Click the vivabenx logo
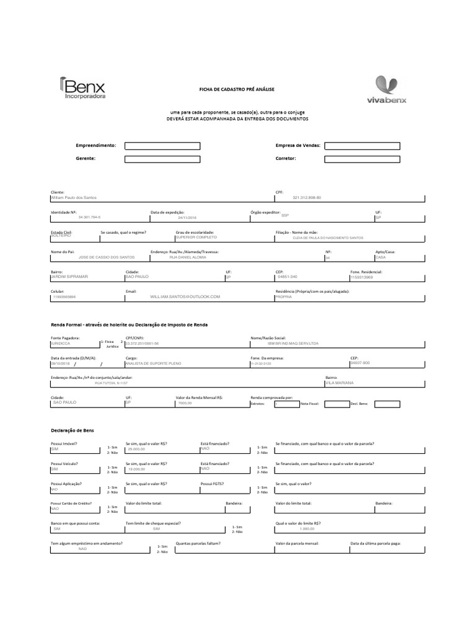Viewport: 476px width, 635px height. pos(387,90)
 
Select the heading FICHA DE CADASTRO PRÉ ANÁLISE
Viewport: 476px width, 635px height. pos(236,90)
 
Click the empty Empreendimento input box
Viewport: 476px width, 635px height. pos(162,146)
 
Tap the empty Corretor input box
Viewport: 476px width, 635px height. pos(362,159)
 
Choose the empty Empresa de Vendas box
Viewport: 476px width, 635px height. pos(362,146)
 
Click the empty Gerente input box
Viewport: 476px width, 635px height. pos(162,159)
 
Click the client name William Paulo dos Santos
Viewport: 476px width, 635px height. pos(74,197)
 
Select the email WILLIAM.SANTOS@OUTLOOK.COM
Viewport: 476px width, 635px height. pos(185,297)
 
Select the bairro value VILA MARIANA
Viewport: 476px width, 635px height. pos(340,383)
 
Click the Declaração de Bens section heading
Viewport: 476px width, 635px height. pos(72,430)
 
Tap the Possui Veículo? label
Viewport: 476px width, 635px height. pos(66,463)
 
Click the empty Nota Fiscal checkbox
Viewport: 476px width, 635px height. pos(337,404)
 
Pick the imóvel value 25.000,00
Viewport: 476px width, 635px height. pos(136,449)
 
